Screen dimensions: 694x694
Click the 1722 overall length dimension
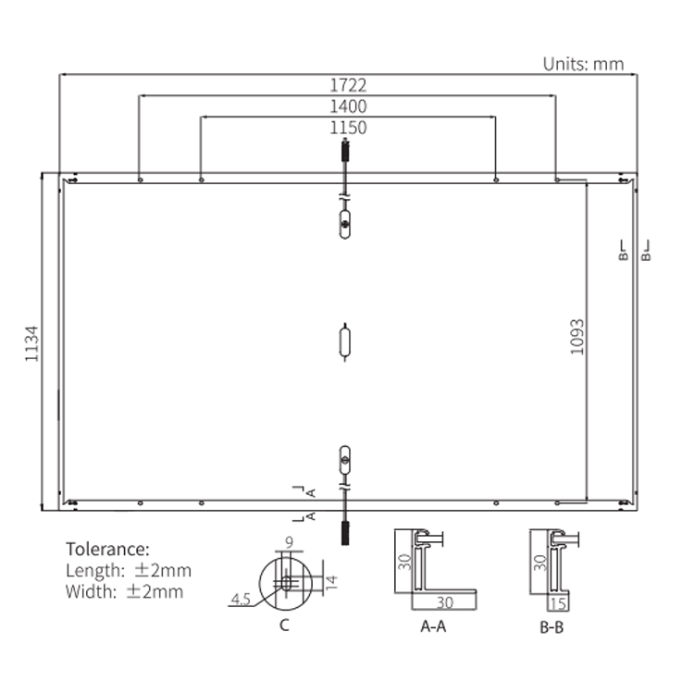coord(348,85)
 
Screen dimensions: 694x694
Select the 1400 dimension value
coord(348,106)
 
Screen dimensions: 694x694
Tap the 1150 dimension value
coord(348,128)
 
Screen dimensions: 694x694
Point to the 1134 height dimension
coord(31,344)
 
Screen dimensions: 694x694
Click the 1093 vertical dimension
coord(576,337)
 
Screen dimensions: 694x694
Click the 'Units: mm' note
coord(583,64)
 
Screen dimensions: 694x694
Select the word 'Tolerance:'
coord(107,550)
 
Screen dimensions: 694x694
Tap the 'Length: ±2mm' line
coord(129,571)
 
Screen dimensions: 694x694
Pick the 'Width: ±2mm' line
coord(124,592)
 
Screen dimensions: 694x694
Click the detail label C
coord(285,625)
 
